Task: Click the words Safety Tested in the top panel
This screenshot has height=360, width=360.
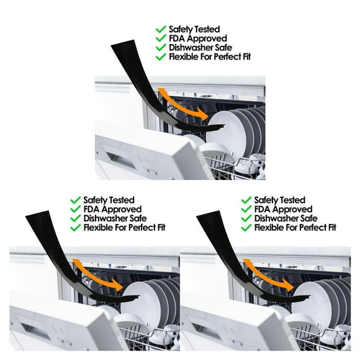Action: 194,29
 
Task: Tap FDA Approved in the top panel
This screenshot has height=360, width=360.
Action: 198,38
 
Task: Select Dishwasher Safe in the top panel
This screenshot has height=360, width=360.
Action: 200,48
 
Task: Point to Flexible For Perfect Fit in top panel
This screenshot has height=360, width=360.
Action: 210,56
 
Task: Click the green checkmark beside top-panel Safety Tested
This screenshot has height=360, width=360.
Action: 161,29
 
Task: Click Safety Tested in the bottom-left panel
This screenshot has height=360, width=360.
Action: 109,200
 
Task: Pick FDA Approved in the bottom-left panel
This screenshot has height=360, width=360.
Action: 112,209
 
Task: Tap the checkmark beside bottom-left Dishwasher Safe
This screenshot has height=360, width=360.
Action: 75,218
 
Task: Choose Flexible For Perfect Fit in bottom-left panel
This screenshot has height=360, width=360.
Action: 124,228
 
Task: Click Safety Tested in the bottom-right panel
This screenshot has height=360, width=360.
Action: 280,200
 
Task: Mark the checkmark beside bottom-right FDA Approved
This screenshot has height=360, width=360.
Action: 246,209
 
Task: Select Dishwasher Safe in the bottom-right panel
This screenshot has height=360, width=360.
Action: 286,218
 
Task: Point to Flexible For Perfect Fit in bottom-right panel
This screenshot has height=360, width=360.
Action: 295,228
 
